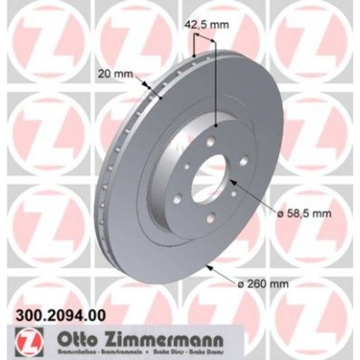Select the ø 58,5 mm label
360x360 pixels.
303,214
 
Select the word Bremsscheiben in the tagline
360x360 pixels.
64,351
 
